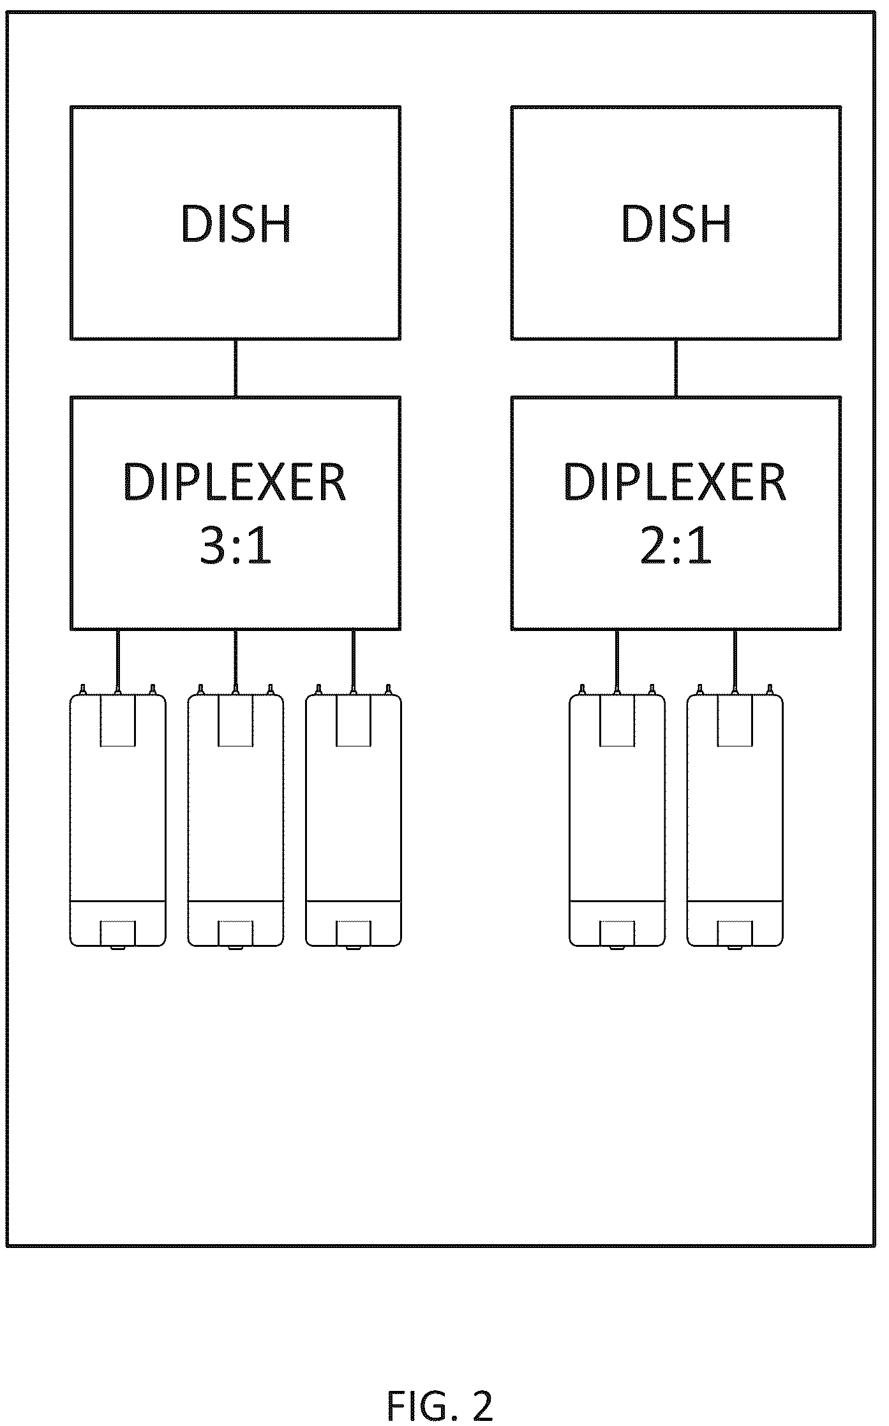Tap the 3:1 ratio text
(236, 547)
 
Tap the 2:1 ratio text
(676, 547)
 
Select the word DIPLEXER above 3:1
(235, 482)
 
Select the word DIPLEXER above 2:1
(675, 482)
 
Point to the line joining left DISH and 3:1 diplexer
(235, 368)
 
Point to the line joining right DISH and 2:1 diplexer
(676, 368)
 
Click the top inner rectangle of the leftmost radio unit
(118, 720)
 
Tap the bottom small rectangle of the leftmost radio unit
(118, 933)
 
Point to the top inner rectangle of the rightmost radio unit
(735, 720)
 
